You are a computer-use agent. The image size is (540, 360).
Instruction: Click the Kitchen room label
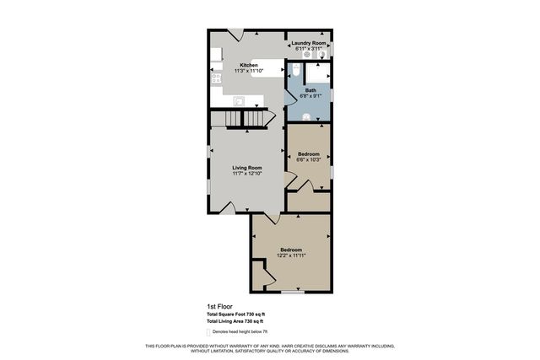coord(248,65)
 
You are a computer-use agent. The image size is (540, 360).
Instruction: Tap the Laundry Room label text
coord(309,43)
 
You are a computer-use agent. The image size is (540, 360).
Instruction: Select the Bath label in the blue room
coord(310,90)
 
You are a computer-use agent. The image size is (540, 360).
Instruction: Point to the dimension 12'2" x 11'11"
coord(291,255)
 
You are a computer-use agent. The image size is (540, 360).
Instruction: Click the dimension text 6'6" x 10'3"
coord(309,160)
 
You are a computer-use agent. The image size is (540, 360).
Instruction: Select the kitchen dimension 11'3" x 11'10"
coord(248,71)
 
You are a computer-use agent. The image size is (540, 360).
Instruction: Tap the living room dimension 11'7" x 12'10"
coord(248,174)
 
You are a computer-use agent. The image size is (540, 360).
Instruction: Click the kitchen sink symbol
coord(239,101)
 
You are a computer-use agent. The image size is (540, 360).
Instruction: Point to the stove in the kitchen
coord(215,78)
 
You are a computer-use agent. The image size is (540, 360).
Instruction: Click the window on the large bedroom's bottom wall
coord(292,292)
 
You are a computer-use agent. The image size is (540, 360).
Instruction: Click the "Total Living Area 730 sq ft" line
coord(235,321)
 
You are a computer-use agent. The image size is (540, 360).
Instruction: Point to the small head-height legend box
coord(208,331)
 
